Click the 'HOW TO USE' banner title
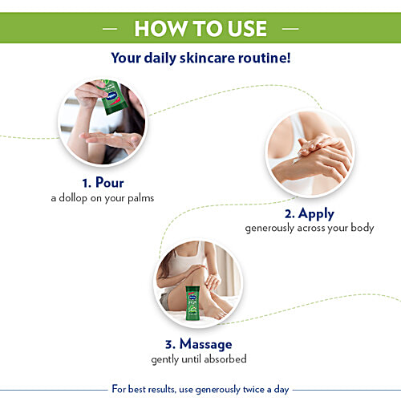(x=200, y=29)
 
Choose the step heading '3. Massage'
(x=198, y=344)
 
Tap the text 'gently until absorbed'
(x=198, y=358)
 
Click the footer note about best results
(x=200, y=389)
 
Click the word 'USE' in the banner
(x=240, y=29)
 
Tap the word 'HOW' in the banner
(x=157, y=29)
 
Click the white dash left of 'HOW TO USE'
(x=111, y=29)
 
